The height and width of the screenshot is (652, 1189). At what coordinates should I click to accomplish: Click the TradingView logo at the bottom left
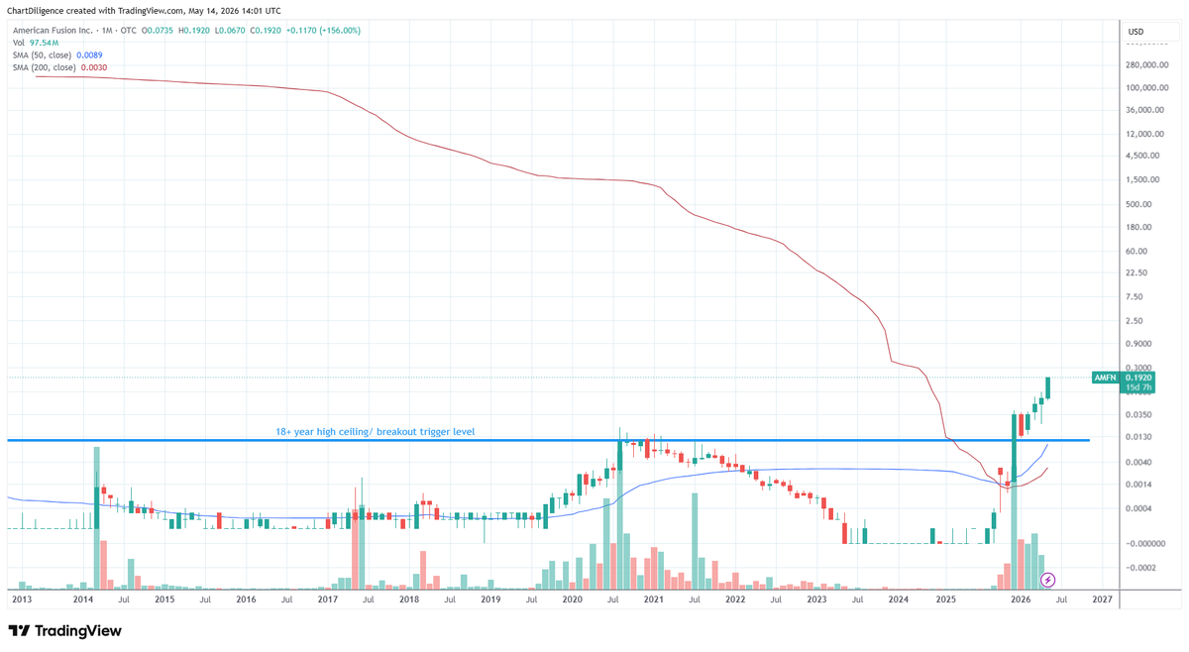[x=65, y=631]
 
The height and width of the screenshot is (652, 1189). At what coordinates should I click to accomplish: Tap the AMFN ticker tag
[x=1105, y=378]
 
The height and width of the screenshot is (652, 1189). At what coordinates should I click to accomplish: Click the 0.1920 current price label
[x=1138, y=378]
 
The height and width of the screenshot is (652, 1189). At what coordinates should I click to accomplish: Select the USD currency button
[x=1135, y=32]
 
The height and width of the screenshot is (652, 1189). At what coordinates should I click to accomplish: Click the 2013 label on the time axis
[x=22, y=599]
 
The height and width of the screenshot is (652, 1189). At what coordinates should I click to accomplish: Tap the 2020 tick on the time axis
[x=572, y=599]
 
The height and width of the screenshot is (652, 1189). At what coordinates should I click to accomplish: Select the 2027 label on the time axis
[x=1102, y=599]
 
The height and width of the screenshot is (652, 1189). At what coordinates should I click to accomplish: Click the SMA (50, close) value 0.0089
[x=89, y=55]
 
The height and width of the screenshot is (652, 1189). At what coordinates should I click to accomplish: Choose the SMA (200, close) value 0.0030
[x=94, y=67]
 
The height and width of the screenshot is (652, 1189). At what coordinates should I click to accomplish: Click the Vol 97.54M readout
[x=36, y=43]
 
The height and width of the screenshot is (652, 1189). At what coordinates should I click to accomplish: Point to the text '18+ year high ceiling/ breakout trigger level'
[x=376, y=432]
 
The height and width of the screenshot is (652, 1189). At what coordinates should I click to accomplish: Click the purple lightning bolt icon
[x=1047, y=580]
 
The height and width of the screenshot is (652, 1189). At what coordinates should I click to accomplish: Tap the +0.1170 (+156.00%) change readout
[x=323, y=31]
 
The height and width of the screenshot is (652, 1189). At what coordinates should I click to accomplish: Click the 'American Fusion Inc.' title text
[x=53, y=31]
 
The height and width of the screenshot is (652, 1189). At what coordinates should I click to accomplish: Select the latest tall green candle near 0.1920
[x=1048, y=387]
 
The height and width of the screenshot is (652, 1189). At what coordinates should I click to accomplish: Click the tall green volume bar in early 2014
[x=97, y=517]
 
